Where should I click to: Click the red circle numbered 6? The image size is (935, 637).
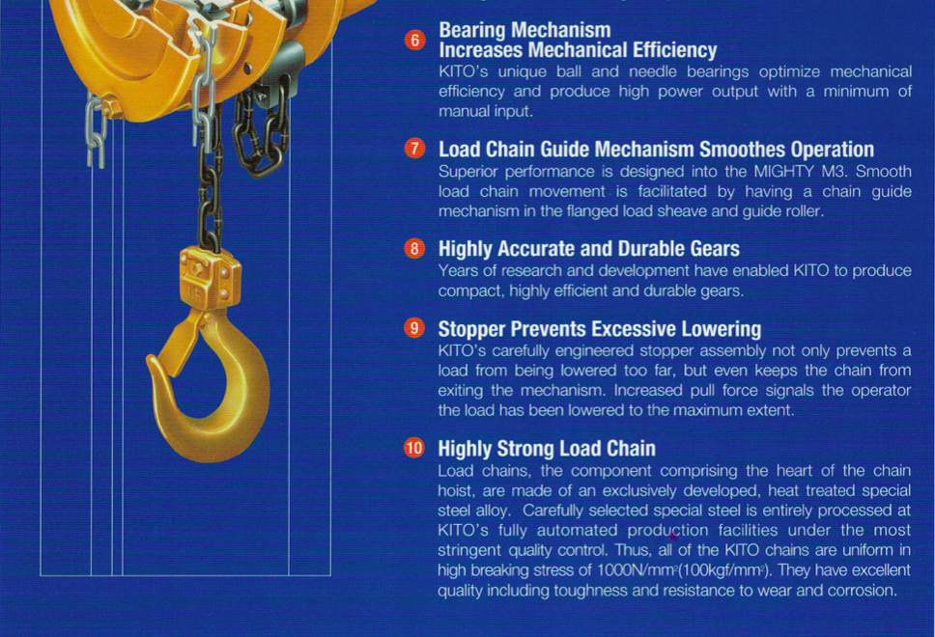coord(414,40)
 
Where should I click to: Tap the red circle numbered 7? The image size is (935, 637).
coord(414,149)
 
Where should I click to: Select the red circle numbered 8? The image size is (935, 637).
coord(414,248)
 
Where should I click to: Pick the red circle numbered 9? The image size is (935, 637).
coord(414,328)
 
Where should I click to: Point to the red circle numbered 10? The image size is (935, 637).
coord(414,448)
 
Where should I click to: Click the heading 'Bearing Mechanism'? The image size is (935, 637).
coord(524,31)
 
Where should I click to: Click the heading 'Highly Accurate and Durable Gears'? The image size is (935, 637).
coord(588,248)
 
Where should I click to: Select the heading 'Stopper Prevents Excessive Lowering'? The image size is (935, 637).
coord(599,328)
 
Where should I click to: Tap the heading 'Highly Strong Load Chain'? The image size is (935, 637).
coord(546,448)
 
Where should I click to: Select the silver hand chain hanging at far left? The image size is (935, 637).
coord(94,130)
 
